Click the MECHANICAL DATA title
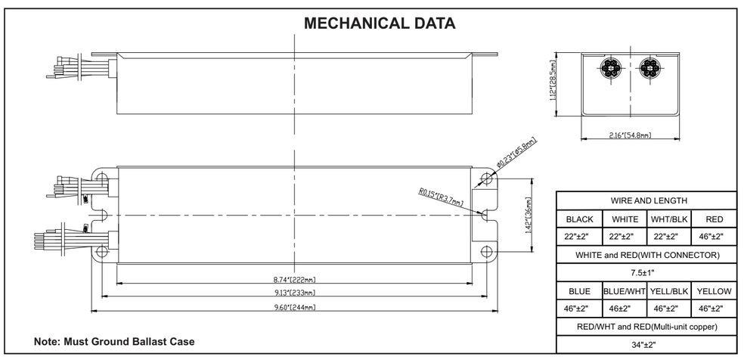click(379, 23)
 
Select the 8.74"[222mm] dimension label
click(295, 279)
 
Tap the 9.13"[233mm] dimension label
click(295, 293)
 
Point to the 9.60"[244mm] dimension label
click(295, 307)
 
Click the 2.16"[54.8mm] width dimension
click(630, 135)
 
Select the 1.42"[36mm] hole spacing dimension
click(527, 216)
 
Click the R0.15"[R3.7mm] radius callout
click(442, 198)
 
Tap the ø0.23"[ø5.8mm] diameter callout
click(516, 152)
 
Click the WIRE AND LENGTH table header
click(649, 200)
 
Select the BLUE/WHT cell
click(624, 291)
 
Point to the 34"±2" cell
click(643, 345)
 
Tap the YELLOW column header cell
click(714, 291)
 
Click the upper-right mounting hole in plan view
click(486, 178)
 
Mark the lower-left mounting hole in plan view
click(101, 251)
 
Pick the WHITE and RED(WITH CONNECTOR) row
click(647, 255)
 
